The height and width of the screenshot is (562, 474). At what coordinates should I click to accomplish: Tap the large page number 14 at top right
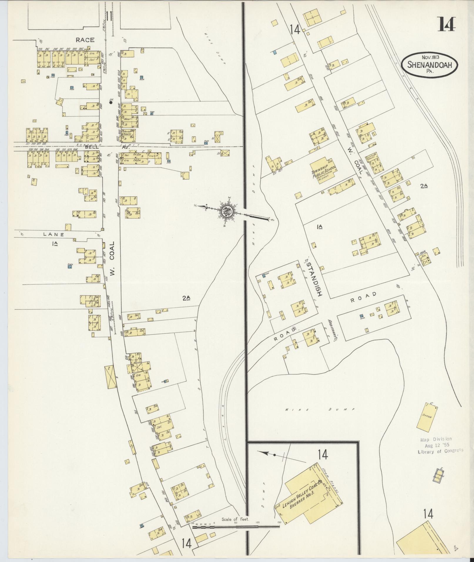tap(447, 24)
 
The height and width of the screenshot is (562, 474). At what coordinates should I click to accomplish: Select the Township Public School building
tap(324, 171)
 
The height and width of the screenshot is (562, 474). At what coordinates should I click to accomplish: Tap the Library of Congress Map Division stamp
tap(440, 445)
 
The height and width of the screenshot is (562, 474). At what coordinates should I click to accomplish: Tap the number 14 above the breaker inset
tap(322, 455)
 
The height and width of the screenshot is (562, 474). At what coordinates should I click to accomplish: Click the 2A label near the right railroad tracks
tap(423, 186)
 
